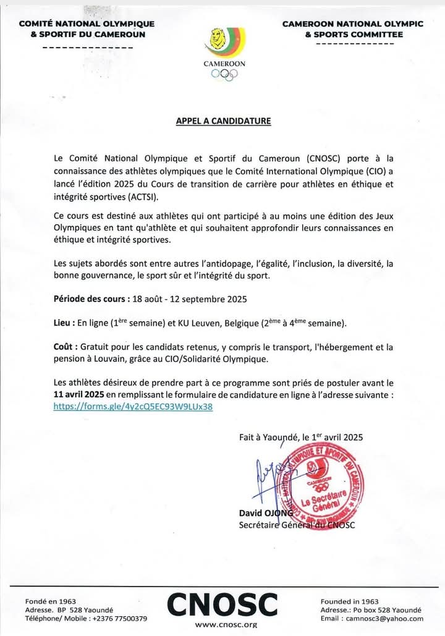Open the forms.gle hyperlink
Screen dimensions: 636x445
click(x=133, y=407)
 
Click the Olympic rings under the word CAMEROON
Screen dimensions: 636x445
click(x=224, y=74)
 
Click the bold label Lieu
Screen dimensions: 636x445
click(x=62, y=323)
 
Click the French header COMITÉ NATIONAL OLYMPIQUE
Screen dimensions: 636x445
click(x=87, y=23)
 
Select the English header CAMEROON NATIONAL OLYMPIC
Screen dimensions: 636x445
click(x=353, y=23)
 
